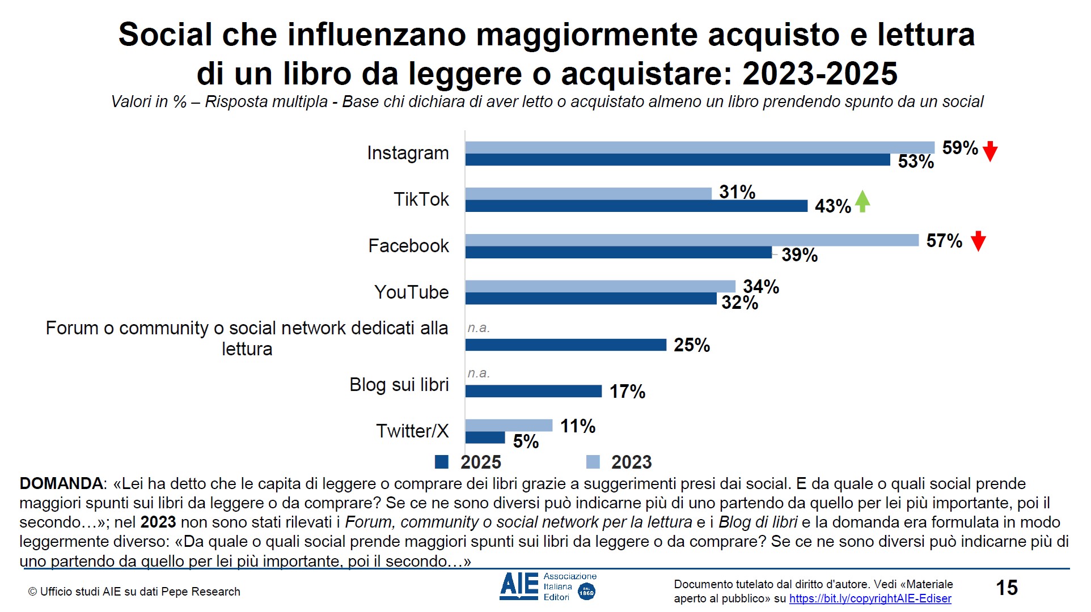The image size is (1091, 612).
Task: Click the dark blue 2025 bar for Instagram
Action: (x=678, y=160)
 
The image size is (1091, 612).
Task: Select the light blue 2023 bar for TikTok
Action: (x=588, y=193)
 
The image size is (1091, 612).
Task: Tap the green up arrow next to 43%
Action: (x=862, y=202)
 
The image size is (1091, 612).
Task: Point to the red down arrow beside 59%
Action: (x=990, y=151)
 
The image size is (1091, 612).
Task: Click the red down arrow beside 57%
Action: (x=978, y=241)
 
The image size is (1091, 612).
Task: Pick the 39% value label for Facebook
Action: (x=800, y=255)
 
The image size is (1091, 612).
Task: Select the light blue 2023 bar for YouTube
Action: (x=600, y=286)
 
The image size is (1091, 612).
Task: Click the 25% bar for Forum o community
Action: (x=565, y=345)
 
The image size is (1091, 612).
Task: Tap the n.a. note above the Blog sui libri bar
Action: (x=479, y=373)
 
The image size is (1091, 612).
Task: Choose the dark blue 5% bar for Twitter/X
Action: (x=485, y=437)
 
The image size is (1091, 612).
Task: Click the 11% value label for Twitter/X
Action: (x=578, y=426)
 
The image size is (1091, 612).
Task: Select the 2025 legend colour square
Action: (x=442, y=462)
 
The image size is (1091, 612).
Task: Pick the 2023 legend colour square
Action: (x=593, y=462)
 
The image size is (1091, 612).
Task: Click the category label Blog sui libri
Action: (x=399, y=385)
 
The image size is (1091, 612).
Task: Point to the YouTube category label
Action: (x=411, y=292)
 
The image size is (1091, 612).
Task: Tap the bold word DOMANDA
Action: (x=61, y=484)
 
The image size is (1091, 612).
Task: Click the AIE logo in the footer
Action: (x=519, y=586)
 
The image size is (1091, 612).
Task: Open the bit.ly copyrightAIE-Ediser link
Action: (x=870, y=598)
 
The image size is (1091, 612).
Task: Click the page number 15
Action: (x=1007, y=588)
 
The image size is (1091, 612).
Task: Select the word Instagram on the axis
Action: (x=408, y=153)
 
